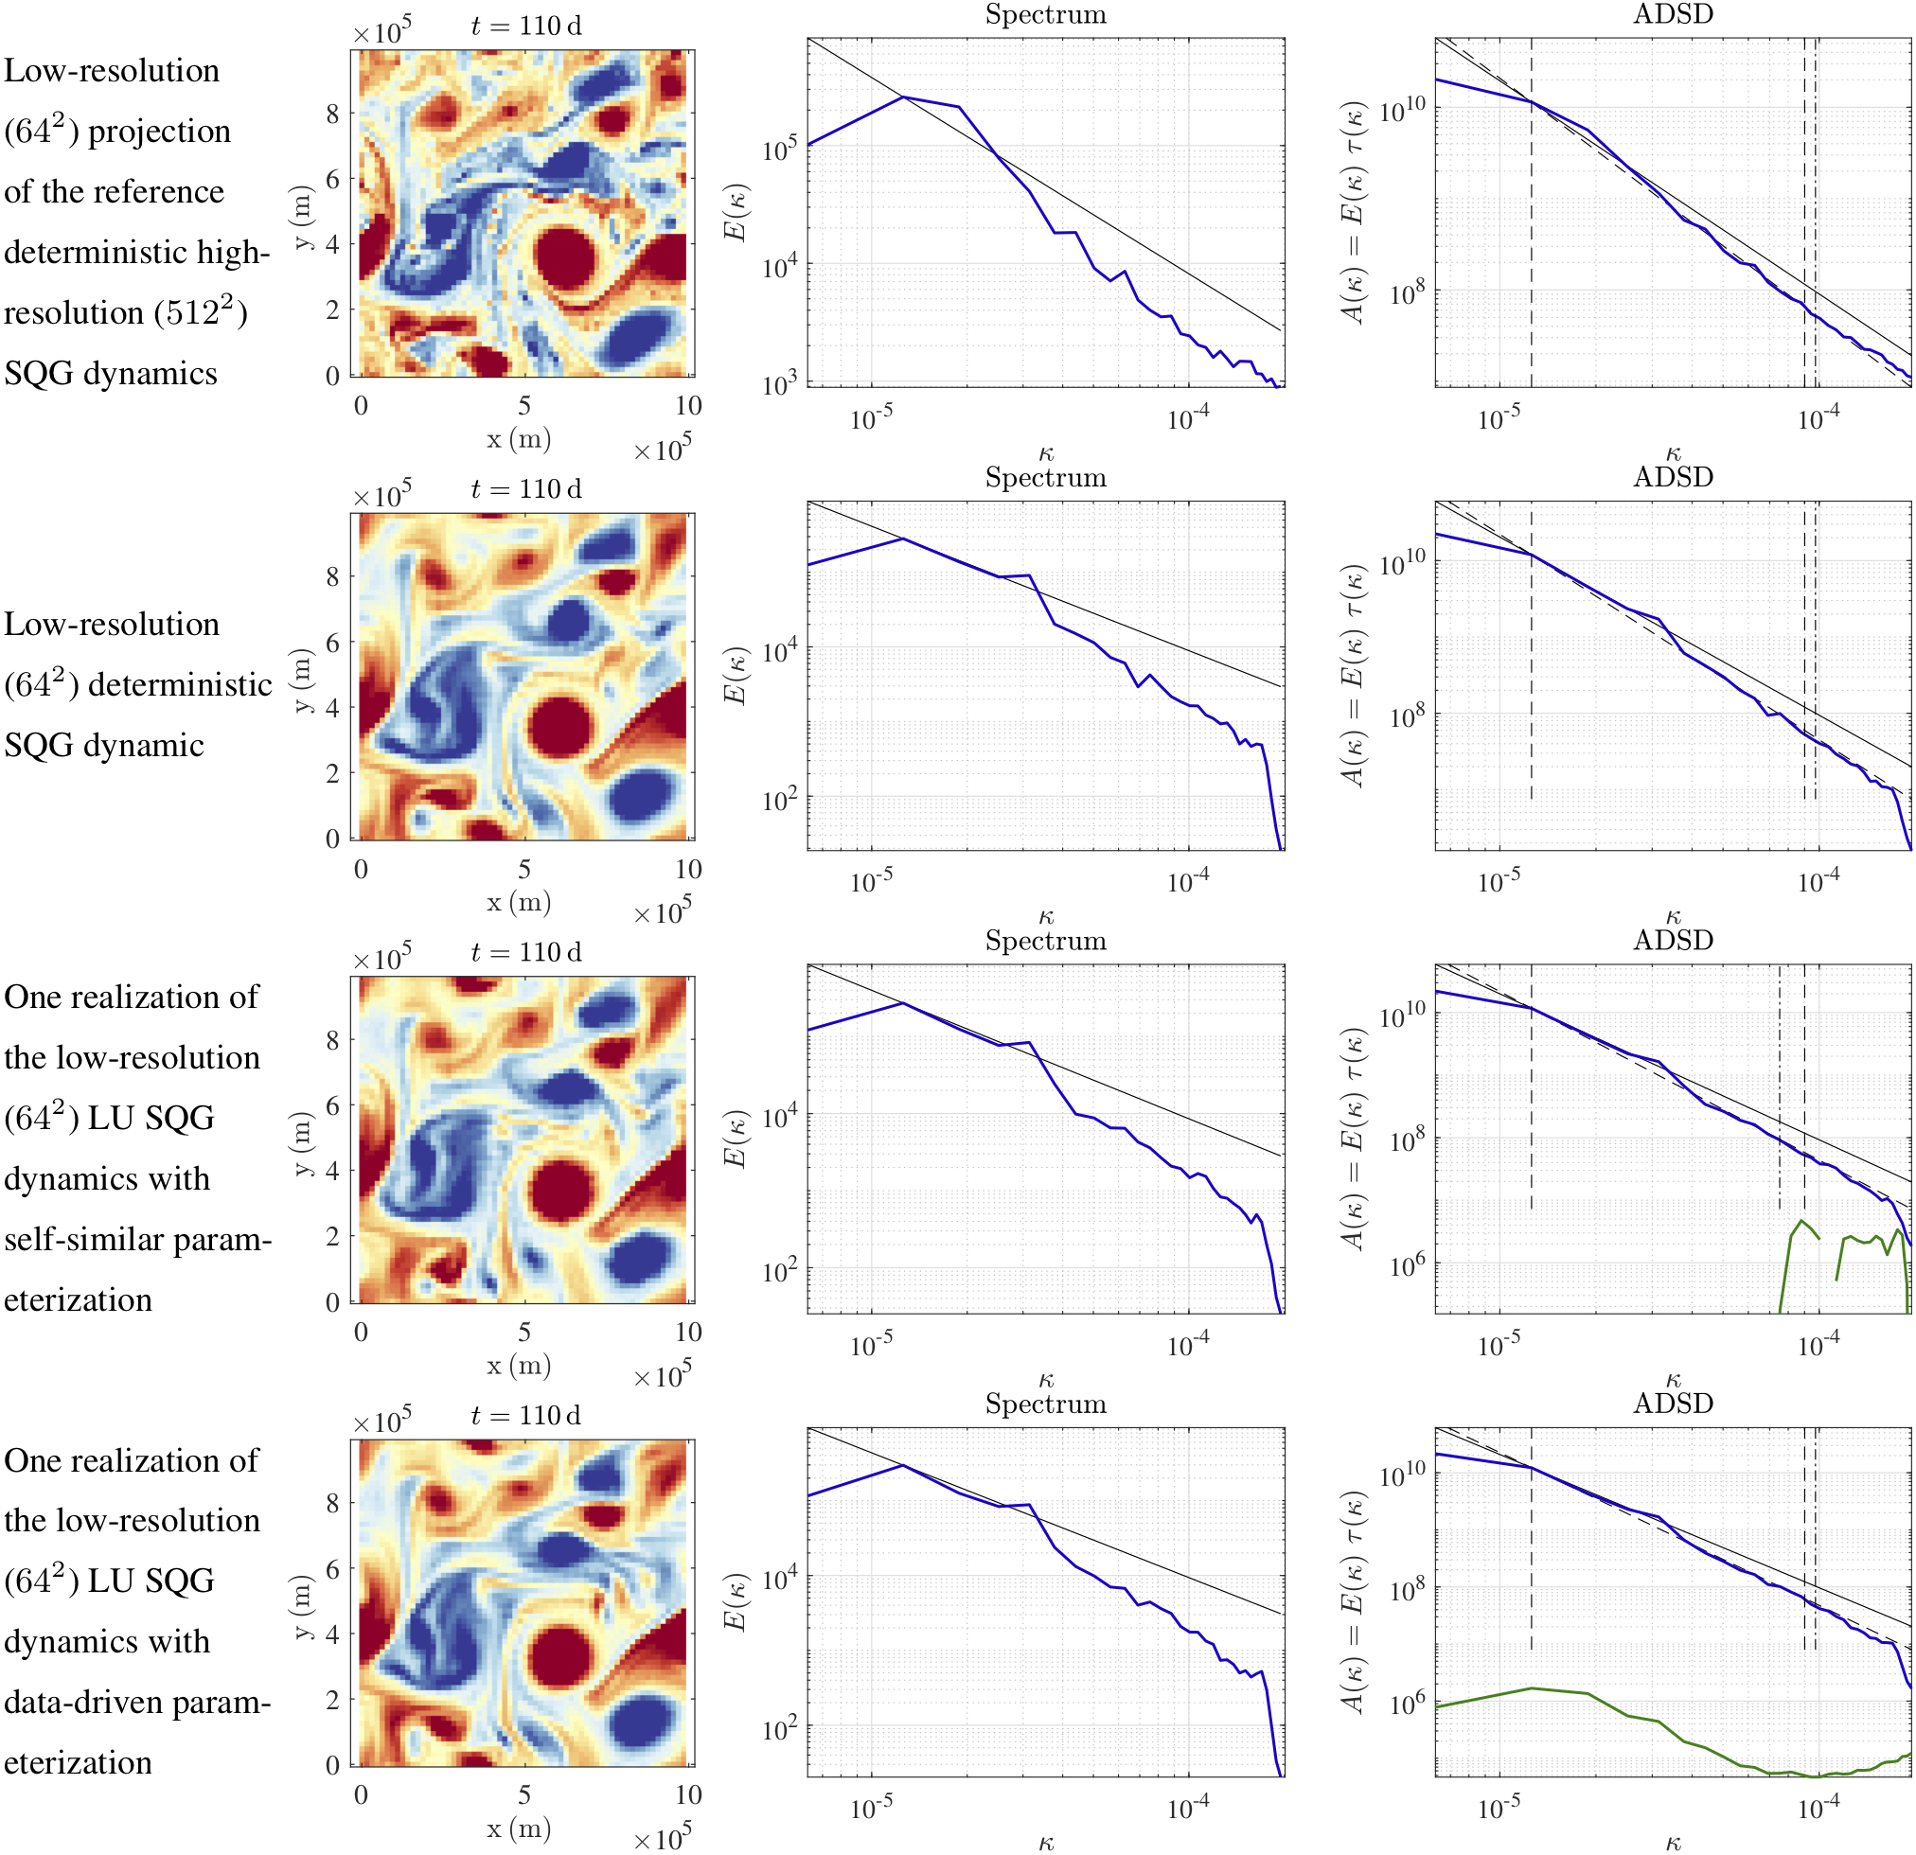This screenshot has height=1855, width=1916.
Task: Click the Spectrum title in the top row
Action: pyautogui.click(x=1045, y=14)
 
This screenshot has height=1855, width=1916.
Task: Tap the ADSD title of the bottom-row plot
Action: pyautogui.click(x=1673, y=1404)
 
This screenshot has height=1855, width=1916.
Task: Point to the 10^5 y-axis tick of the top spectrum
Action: pyautogui.click(x=779, y=150)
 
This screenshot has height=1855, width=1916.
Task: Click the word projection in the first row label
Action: pyautogui.click(x=159, y=132)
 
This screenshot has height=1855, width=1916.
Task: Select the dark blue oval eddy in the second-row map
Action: pyautogui.click(x=639, y=795)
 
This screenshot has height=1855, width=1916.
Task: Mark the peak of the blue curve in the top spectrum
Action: pyautogui.click(x=903, y=97)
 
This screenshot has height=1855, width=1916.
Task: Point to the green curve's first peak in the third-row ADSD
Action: pyautogui.click(x=1801, y=1221)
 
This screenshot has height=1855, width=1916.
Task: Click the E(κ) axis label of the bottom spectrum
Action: pyautogui.click(x=736, y=1603)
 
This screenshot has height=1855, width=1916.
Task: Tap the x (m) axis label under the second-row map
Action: pyautogui.click(x=518, y=902)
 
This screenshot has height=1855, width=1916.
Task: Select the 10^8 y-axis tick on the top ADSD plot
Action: pyautogui.click(x=1405, y=292)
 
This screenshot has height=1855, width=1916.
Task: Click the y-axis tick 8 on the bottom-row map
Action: pyautogui.click(x=333, y=1502)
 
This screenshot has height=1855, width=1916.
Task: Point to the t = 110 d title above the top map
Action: pyautogui.click(x=525, y=26)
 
